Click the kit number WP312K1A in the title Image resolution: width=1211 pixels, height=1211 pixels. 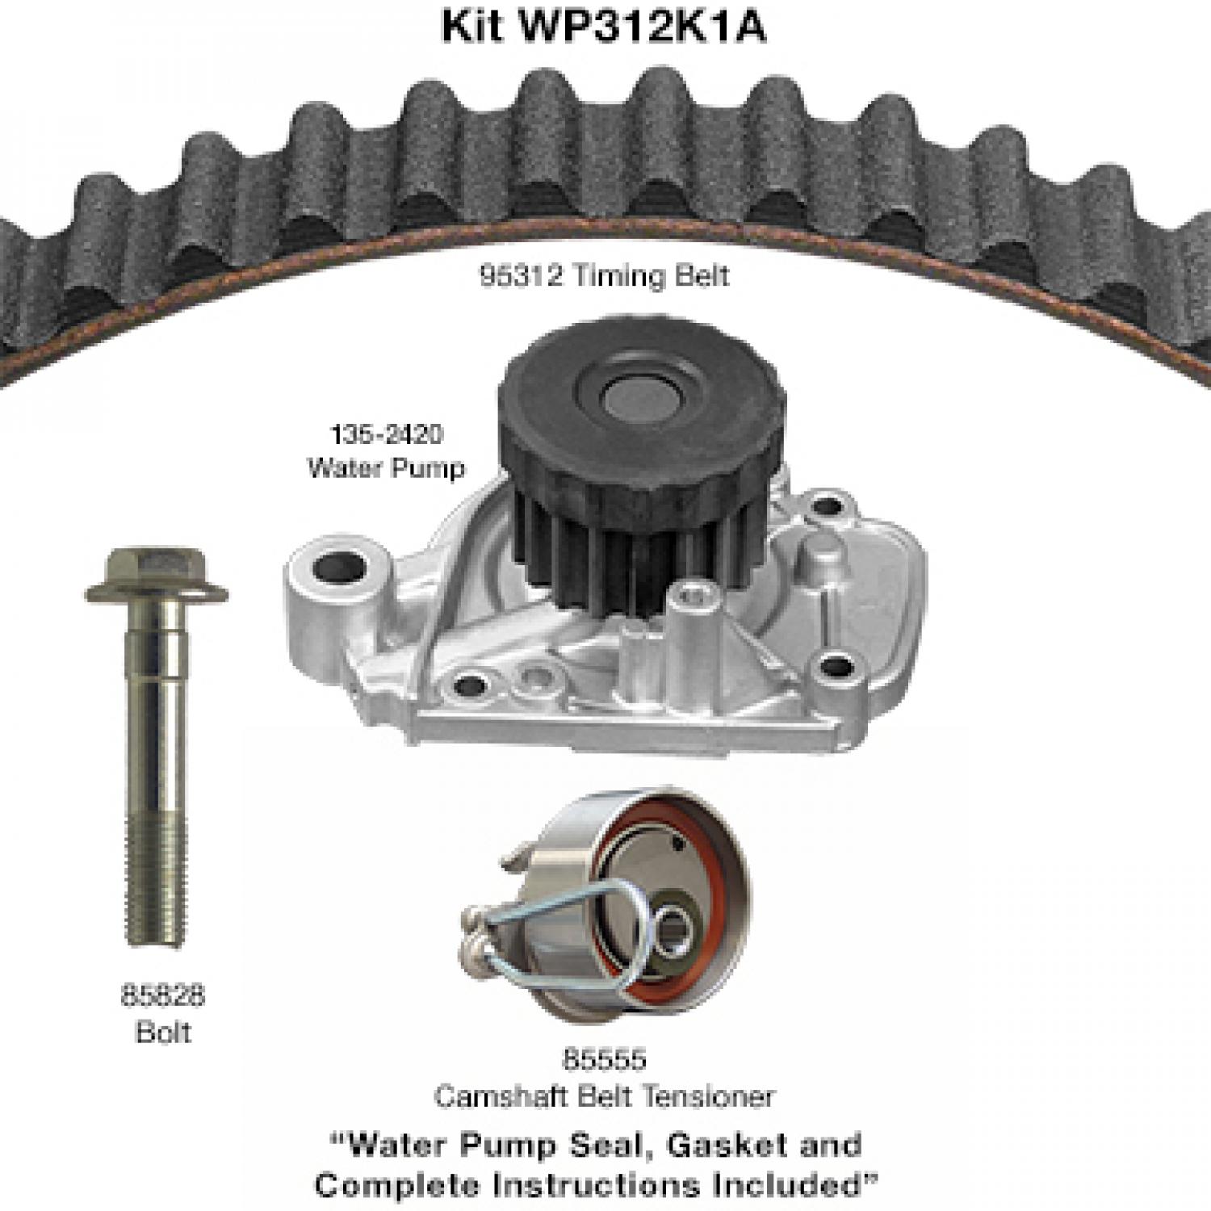(x=645, y=27)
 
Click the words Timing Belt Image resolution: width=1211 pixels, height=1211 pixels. (x=651, y=276)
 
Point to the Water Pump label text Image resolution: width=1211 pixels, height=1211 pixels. (x=387, y=468)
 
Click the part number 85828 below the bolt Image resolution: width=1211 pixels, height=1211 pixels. (x=163, y=996)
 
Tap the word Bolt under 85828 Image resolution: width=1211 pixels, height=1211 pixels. (x=163, y=1033)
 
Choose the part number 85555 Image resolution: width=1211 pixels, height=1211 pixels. (x=605, y=1059)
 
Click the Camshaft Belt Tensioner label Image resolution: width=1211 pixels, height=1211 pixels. (x=605, y=1096)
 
